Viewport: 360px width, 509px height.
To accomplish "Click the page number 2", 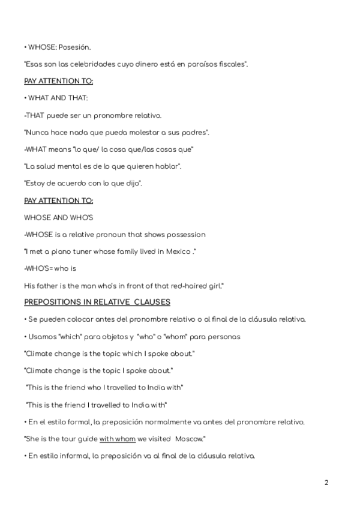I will coord(326,482).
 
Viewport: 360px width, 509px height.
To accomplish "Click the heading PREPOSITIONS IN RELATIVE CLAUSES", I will coord(97,302).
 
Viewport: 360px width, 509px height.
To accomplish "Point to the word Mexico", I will coord(200,251).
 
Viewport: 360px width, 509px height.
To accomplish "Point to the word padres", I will coord(192,131).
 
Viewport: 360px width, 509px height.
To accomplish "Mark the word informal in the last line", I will coord(76,456).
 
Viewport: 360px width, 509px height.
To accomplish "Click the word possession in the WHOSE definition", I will coord(184,234).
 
